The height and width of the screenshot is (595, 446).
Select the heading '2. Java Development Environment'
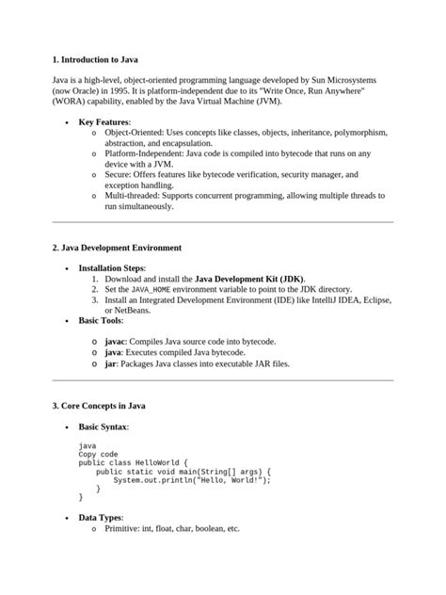click(118, 248)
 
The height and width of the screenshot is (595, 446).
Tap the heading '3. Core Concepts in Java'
click(99, 406)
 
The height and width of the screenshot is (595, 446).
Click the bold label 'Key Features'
click(104, 122)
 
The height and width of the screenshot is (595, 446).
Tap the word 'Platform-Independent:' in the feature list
click(145, 153)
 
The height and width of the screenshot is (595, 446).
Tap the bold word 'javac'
click(115, 337)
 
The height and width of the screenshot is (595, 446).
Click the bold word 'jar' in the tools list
click(110, 362)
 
